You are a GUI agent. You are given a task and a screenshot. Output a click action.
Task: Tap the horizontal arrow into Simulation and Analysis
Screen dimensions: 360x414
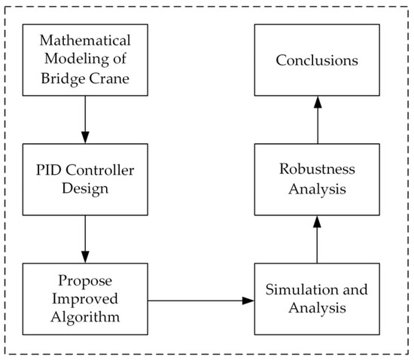pyautogui.click(x=200, y=301)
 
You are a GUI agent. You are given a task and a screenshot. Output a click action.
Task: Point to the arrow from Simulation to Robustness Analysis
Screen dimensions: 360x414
pyautogui.click(x=316, y=239)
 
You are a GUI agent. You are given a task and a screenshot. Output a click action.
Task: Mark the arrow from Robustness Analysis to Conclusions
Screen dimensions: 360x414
pyautogui.click(x=316, y=121)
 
